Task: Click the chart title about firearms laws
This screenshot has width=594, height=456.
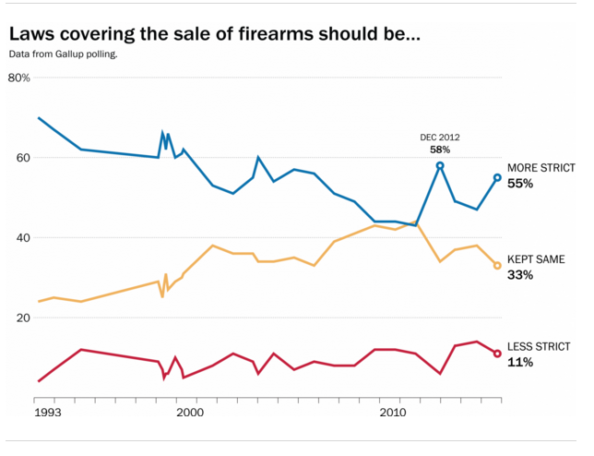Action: coord(214,35)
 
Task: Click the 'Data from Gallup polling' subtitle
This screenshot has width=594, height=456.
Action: coord(64,54)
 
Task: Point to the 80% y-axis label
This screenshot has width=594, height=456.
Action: coord(19,78)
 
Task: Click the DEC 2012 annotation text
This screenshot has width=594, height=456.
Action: coord(440,138)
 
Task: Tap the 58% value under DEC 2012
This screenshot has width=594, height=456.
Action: coord(440,150)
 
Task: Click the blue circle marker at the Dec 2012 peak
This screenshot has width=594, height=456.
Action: coord(440,166)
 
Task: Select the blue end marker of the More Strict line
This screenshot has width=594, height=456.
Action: coord(497,177)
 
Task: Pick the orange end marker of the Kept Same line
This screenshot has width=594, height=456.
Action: coord(497,266)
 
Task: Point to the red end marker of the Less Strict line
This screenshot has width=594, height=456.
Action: coord(497,354)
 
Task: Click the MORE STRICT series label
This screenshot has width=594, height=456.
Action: coord(541,168)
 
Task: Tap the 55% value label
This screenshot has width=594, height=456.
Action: coord(521,184)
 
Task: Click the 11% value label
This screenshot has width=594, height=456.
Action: coord(520,362)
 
